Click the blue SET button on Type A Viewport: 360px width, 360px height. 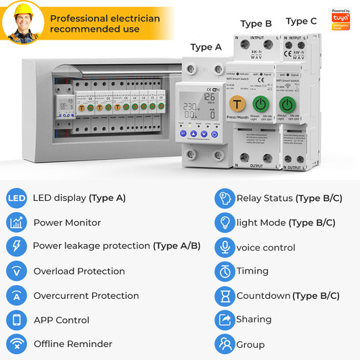(x=184, y=133)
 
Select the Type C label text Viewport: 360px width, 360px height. (x=301, y=22)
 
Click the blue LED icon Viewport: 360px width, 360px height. (x=17, y=198)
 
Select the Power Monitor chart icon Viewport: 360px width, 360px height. (x=17, y=222)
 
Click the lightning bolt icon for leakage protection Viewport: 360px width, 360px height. (x=17, y=246)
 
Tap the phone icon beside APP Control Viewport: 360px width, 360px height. (x=17, y=320)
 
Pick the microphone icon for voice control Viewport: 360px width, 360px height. (x=225, y=247)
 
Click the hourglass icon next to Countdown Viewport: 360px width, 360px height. (x=225, y=295)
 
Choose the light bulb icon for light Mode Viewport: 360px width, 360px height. (x=225, y=222)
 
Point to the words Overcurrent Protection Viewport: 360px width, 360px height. (x=86, y=296)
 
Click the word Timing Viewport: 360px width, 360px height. (x=252, y=271)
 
